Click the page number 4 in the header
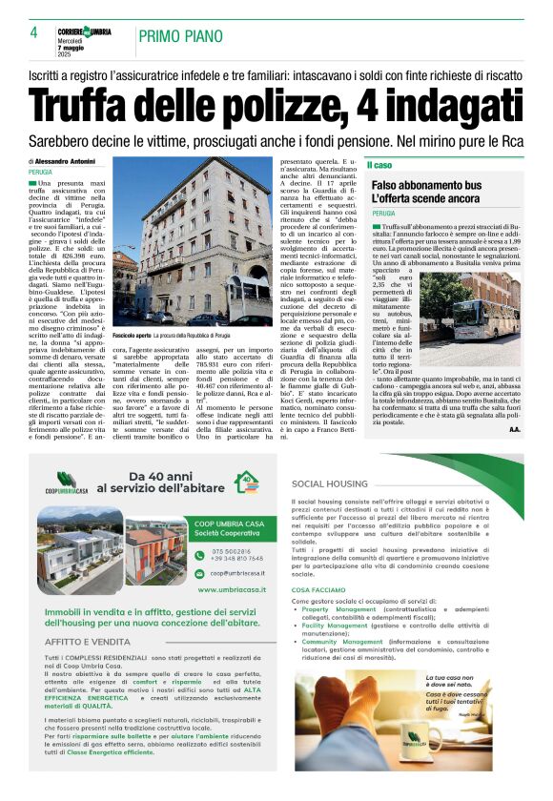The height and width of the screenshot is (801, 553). click(33, 31)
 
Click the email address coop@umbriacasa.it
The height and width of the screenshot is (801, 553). click(242, 573)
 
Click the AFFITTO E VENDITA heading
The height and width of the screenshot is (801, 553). click(88, 642)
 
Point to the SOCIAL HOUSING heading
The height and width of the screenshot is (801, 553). click(330, 483)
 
